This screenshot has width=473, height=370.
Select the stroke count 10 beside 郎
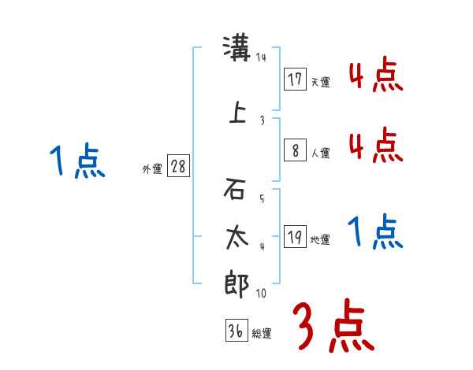pos(261,294)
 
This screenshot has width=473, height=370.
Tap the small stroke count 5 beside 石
pos(261,198)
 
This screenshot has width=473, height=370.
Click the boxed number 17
pos(295,80)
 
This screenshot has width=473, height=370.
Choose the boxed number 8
pos(295,151)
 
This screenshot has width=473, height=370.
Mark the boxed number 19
pos(295,237)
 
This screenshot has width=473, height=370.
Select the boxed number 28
pos(177,167)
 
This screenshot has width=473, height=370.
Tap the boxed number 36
pos(236,331)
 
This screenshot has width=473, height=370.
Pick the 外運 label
pos(152,168)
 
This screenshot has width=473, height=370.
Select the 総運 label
pos(262,334)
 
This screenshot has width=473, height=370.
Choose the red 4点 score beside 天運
pos(375,76)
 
